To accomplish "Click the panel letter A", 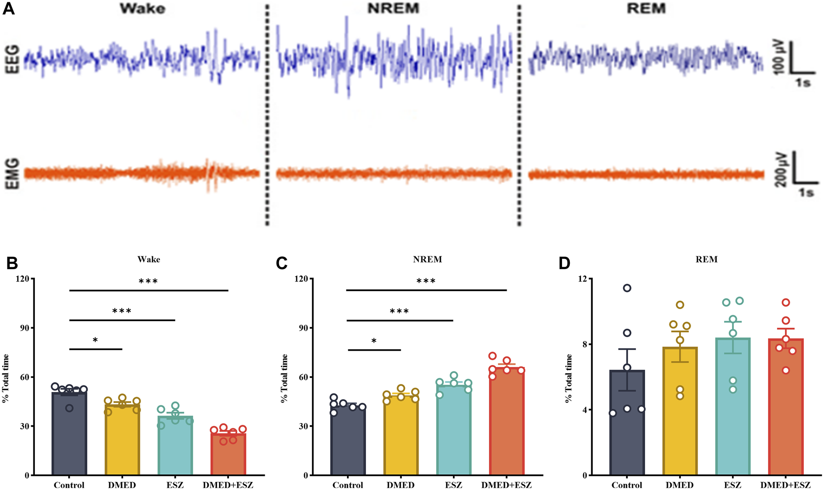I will pos(8,8).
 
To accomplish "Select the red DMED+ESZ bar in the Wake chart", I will pos(228,453).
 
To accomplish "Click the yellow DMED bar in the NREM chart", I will pos(401,435).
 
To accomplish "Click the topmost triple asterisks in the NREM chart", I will pos(426,281).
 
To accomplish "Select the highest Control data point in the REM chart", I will pos(627,288).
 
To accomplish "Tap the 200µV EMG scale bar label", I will pos(780,169).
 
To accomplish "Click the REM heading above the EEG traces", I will pos(646,8).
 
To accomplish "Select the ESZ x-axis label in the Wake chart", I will pos(175,485).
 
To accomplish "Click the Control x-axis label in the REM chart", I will pos(627,485).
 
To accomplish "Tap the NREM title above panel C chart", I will pos(427,259).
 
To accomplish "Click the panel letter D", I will pos(564,263).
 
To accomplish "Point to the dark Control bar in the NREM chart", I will pos(348,439).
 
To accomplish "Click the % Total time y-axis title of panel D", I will pos(569,379).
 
